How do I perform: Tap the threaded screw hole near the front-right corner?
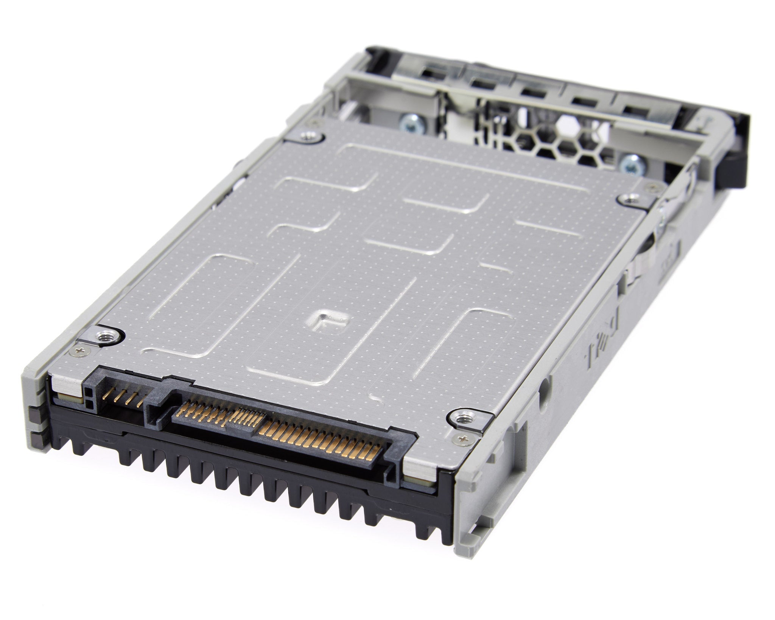pos(461,418)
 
